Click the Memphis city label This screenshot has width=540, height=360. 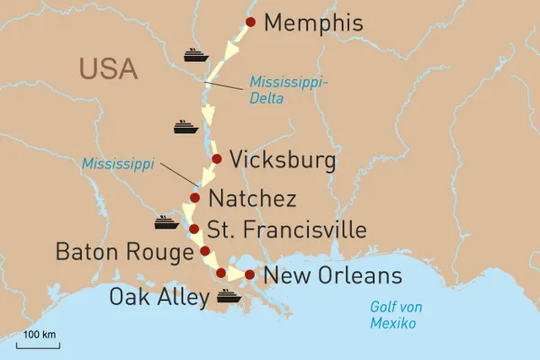[x=315, y=23]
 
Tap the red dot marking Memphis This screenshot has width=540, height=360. [x=250, y=22]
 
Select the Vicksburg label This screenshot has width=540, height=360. [x=283, y=160]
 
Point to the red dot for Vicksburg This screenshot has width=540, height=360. [x=216, y=159]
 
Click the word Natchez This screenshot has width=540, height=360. [x=251, y=198]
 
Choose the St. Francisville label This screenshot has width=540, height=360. [x=286, y=229]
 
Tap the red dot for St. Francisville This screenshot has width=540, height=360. [x=193, y=229]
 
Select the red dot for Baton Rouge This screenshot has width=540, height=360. [x=205, y=251]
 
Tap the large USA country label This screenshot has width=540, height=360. [x=107, y=68]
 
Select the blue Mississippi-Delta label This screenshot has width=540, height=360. [x=287, y=91]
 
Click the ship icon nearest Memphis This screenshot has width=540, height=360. [x=195, y=55]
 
